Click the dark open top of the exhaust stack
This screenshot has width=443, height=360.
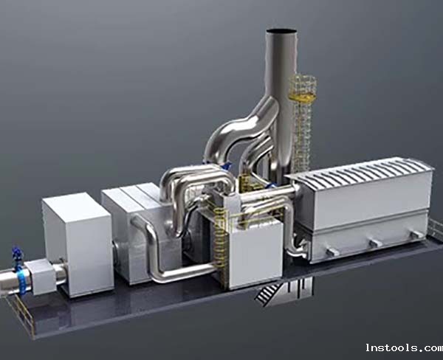282,31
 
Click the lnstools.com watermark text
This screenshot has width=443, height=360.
404,347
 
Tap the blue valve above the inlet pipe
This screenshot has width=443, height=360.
17,255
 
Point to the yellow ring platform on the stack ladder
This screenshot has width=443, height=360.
302,97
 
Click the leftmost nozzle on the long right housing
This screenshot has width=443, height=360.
332,252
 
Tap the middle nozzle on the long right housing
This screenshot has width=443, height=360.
376,243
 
